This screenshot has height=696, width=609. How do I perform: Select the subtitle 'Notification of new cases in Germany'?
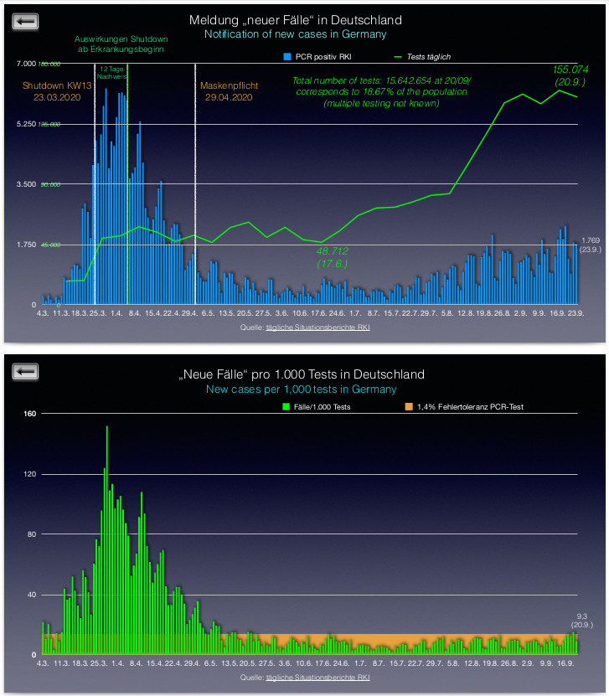tap(295, 34)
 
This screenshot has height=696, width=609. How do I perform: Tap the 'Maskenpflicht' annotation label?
tap(226, 85)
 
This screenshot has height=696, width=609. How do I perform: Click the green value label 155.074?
tap(570, 69)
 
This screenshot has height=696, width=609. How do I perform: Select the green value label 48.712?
tap(332, 250)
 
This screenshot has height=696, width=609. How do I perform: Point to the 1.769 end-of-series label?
tap(590, 240)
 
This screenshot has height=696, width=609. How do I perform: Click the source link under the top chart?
tap(317, 327)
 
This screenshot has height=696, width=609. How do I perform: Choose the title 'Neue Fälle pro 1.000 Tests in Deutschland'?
tap(301, 374)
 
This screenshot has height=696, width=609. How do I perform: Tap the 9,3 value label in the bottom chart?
tap(583, 616)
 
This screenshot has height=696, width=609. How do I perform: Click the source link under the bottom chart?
tap(317, 677)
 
